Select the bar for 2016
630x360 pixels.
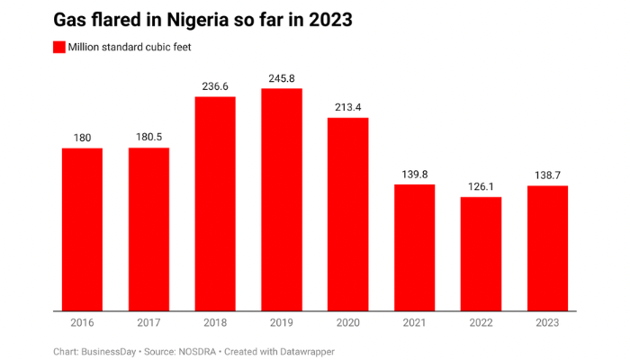[x=82, y=229]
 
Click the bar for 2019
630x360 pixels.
[x=282, y=200]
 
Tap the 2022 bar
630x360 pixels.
[x=481, y=254]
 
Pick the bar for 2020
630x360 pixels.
[x=348, y=214]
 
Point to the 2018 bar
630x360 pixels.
[x=215, y=203]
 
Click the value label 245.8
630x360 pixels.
[x=282, y=79]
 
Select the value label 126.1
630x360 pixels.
[x=481, y=187]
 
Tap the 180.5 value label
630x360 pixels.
[x=148, y=138]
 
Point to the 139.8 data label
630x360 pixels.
[x=414, y=175]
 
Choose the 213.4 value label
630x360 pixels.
[x=348, y=108]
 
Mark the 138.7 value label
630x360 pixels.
[x=547, y=175]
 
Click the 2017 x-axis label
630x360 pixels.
[x=148, y=322]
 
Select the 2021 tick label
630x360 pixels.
[x=414, y=322]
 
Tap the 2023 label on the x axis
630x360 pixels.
[x=547, y=322]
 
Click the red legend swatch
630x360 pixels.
[x=59, y=46]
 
